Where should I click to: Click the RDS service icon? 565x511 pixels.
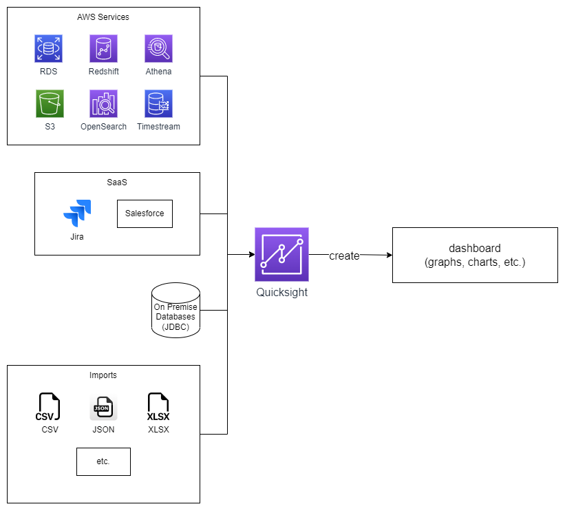[48, 49]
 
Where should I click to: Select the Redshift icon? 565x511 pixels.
[103, 49]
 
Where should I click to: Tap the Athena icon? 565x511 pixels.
[158, 49]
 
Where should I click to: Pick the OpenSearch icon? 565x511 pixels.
[103, 104]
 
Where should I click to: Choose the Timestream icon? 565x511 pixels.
[158, 104]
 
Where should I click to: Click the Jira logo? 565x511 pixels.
[77, 213]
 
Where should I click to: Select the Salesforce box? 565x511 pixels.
[145, 213]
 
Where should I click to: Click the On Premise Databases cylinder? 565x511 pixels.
[175, 311]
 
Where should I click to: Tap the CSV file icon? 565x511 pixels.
[48, 406]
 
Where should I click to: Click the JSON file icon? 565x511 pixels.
[103, 407]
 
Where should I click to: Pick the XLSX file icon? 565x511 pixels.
[158, 406]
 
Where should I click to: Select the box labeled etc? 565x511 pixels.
[103, 461]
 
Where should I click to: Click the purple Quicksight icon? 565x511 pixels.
[281, 255]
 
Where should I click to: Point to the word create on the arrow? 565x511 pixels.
[344, 255]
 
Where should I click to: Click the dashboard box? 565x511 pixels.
[475, 255]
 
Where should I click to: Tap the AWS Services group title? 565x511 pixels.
[103, 17]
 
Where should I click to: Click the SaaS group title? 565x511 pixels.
[117, 182]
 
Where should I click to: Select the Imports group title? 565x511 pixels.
[103, 375]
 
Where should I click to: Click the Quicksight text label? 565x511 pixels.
[281, 292]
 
